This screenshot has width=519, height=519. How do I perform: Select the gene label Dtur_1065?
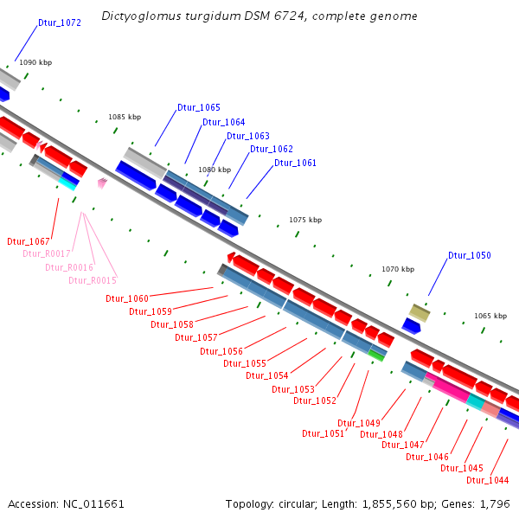point(198,107)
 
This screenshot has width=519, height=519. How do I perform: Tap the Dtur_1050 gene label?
point(469,255)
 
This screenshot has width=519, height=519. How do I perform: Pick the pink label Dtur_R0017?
point(46,253)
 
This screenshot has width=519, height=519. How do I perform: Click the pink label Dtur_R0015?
point(93,280)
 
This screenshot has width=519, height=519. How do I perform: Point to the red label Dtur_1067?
point(29,241)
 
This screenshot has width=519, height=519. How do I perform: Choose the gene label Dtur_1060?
point(127,298)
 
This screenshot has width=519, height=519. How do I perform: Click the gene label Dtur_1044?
point(487,480)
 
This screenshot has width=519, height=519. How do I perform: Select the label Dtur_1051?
point(323,433)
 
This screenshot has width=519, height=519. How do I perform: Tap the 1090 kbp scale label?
point(35,63)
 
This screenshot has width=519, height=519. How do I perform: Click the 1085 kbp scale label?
point(124,117)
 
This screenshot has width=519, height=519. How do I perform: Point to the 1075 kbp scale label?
point(305,220)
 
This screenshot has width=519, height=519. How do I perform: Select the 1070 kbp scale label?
point(398,270)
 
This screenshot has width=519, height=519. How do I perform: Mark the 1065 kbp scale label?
point(490,316)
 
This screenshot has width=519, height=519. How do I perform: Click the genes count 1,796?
point(495,503)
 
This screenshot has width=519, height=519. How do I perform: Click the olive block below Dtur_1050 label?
point(420,311)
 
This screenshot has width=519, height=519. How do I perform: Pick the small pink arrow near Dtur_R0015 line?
point(102,183)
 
